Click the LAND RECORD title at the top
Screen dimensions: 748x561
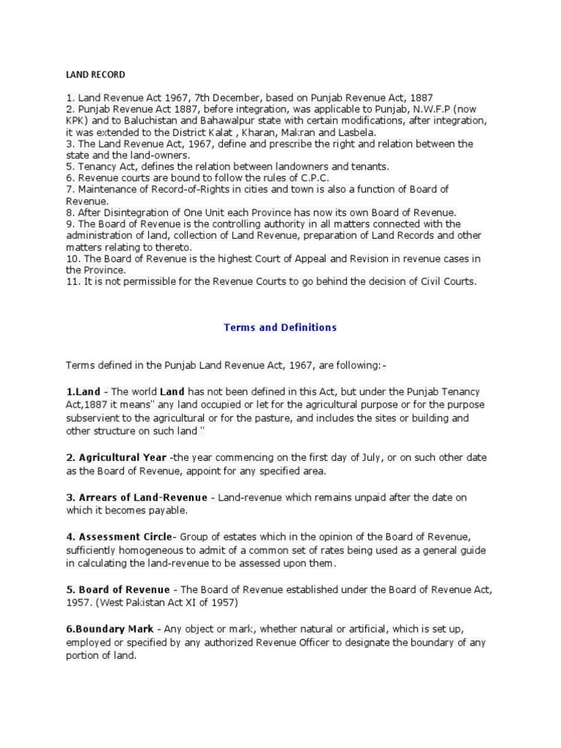coord(95,75)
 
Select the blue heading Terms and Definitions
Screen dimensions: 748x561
coord(280,327)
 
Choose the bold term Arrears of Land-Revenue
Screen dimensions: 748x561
coord(141,497)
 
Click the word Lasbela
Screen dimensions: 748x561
coord(355,132)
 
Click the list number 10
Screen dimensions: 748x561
coord(72,259)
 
